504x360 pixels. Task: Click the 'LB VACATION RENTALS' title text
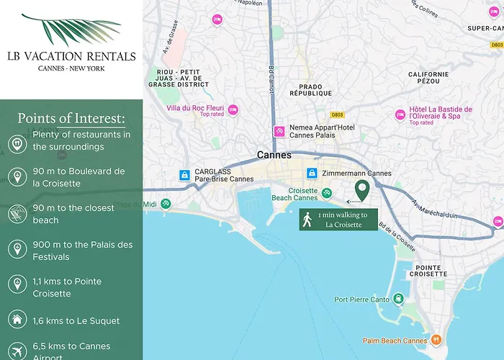click(71, 56)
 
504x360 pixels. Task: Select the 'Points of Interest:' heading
click(71, 118)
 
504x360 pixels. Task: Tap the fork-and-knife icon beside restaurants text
click(17, 141)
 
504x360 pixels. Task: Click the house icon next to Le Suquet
click(17, 320)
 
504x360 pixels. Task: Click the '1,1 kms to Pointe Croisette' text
click(67, 287)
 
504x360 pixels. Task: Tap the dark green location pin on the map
click(362, 190)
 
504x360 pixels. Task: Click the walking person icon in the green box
click(307, 220)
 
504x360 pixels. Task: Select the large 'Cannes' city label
click(274, 155)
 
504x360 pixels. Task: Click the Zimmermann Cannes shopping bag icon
click(312, 174)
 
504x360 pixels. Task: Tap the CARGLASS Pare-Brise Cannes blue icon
click(185, 174)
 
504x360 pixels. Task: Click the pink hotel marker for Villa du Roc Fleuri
click(233, 110)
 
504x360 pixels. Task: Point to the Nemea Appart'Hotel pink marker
click(279, 132)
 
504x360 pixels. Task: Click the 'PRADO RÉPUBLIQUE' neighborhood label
click(310, 89)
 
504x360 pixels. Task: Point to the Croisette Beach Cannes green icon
click(327, 193)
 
